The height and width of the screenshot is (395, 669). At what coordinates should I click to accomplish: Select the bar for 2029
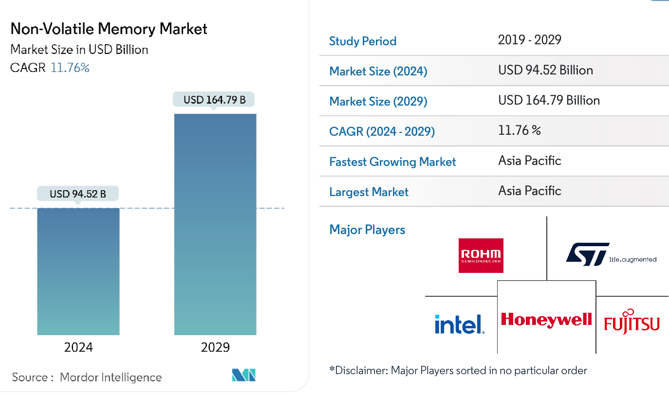[x=215, y=224]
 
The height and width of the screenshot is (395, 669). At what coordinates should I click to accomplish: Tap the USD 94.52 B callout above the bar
[x=78, y=194]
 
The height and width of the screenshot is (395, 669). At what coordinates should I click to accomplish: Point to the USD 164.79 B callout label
[x=214, y=100]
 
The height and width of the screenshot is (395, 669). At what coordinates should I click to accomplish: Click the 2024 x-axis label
[x=78, y=347]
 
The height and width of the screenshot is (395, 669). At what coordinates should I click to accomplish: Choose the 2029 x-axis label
[x=215, y=347]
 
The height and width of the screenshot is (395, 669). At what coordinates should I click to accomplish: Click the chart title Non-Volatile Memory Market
[x=109, y=29]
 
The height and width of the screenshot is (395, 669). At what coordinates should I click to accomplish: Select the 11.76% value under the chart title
[x=70, y=68]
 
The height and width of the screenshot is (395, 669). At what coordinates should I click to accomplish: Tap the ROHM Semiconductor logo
[x=481, y=255]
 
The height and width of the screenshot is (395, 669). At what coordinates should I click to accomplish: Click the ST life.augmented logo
[x=611, y=254]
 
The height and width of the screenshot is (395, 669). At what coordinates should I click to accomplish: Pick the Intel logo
[x=459, y=324]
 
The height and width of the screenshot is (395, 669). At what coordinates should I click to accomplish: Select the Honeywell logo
[x=546, y=320]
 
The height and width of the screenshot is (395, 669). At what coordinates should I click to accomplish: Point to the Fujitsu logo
[x=632, y=321]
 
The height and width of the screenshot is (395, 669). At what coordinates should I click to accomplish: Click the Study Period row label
[x=363, y=41]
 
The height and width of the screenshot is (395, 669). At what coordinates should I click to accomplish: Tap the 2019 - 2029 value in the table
[x=530, y=40]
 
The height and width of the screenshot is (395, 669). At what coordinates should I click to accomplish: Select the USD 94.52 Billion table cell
[x=545, y=70]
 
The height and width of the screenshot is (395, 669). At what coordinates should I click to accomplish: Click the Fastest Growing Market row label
[x=392, y=162]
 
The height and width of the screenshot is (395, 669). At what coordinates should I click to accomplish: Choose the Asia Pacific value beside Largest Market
[x=530, y=191]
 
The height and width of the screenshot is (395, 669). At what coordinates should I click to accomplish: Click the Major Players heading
[x=367, y=230]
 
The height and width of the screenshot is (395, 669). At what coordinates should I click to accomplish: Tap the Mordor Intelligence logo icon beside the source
[x=243, y=375]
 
